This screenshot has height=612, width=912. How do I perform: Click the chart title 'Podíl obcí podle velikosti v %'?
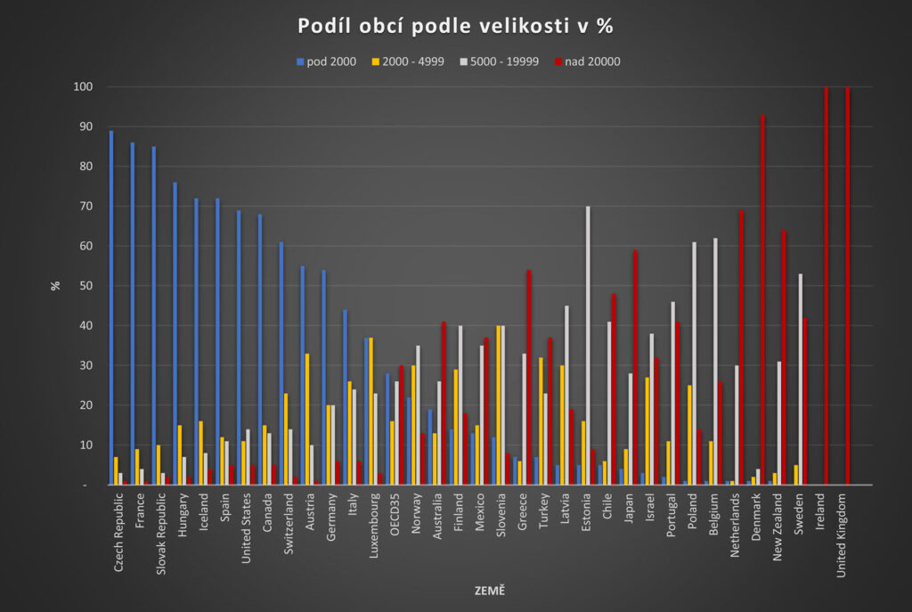(x=455, y=27)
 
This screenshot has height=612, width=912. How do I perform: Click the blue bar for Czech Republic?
(x=111, y=307)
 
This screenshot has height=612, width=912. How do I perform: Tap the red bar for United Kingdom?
(x=848, y=286)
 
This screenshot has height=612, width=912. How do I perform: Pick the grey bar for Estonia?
(x=588, y=346)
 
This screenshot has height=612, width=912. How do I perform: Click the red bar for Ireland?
(x=826, y=286)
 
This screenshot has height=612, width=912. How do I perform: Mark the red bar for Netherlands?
(x=741, y=347)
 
